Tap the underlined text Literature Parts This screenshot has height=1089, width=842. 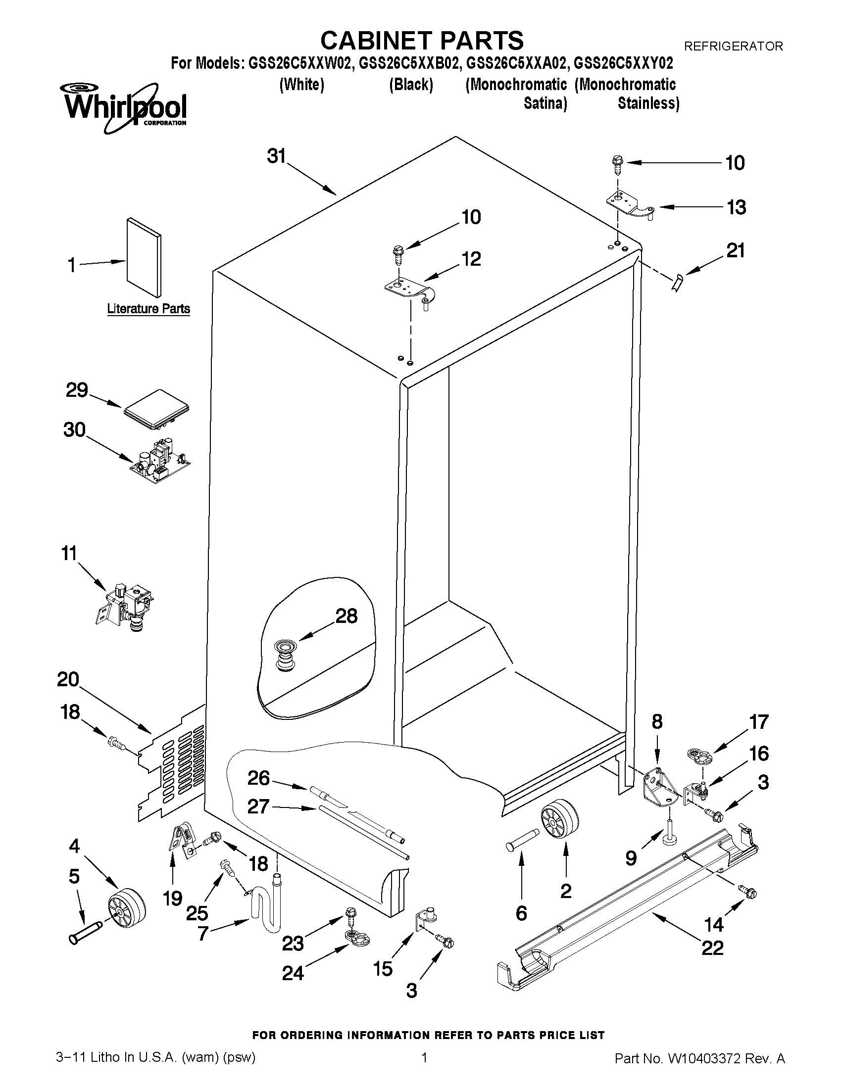pyautogui.click(x=148, y=309)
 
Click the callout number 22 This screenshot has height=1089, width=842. pyautogui.click(x=712, y=947)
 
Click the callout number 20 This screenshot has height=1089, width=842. pyautogui.click(x=68, y=679)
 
